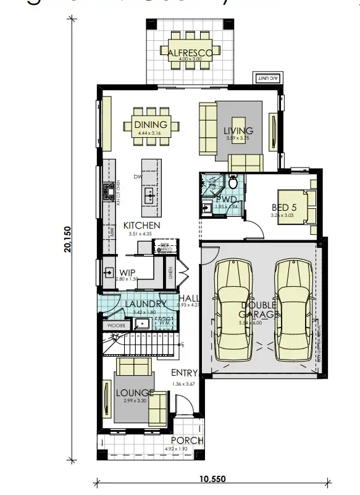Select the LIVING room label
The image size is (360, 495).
click(x=238, y=130)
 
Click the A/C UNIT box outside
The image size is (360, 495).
click(x=266, y=78)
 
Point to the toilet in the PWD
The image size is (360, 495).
click(x=233, y=183)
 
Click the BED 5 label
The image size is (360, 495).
click(x=284, y=208)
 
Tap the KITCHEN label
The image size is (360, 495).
click(x=141, y=226)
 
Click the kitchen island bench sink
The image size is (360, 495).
click(x=149, y=196)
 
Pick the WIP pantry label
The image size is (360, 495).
click(x=127, y=272)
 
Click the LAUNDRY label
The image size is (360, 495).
click(x=145, y=304)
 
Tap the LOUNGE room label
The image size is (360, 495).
click(x=133, y=392)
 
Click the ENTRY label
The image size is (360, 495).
click(x=185, y=373)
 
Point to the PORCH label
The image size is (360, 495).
click(x=187, y=441)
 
